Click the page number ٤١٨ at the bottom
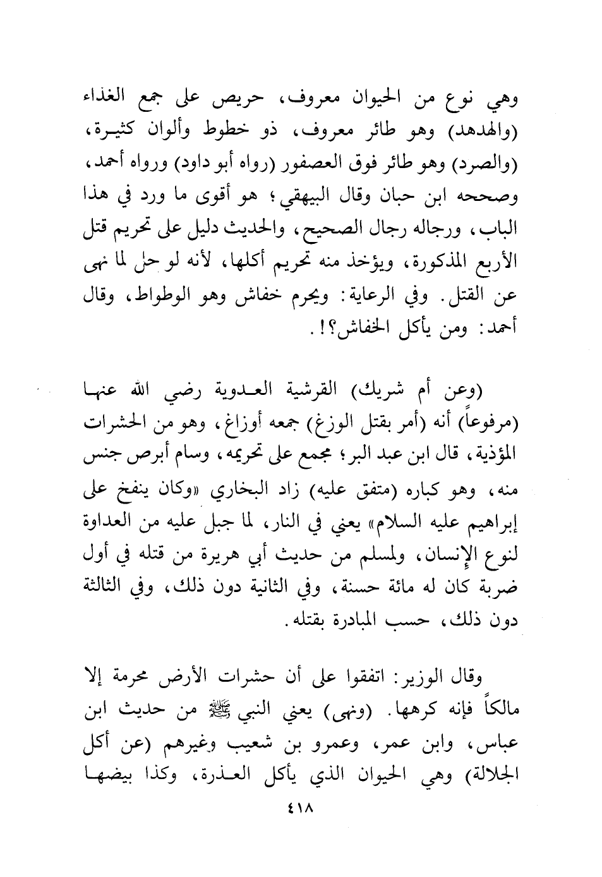tap(301, 808)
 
